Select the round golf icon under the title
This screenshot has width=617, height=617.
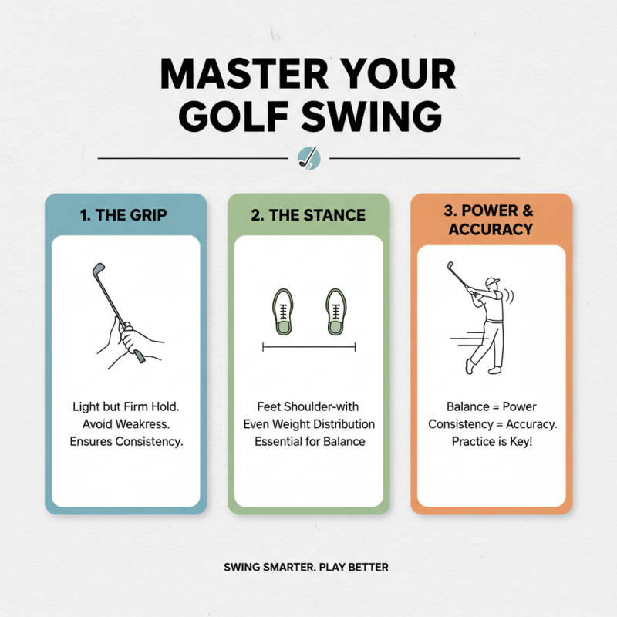pyautogui.click(x=308, y=158)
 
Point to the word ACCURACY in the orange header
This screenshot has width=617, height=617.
pyautogui.click(x=491, y=229)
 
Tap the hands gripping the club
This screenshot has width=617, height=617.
pyautogui.click(x=131, y=339)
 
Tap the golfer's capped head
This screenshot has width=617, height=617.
pyautogui.click(x=491, y=284)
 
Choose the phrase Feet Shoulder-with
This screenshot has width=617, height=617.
pyautogui.click(x=308, y=406)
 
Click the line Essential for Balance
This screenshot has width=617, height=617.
pyautogui.click(x=308, y=441)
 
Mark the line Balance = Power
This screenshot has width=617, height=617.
pyautogui.click(x=491, y=406)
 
